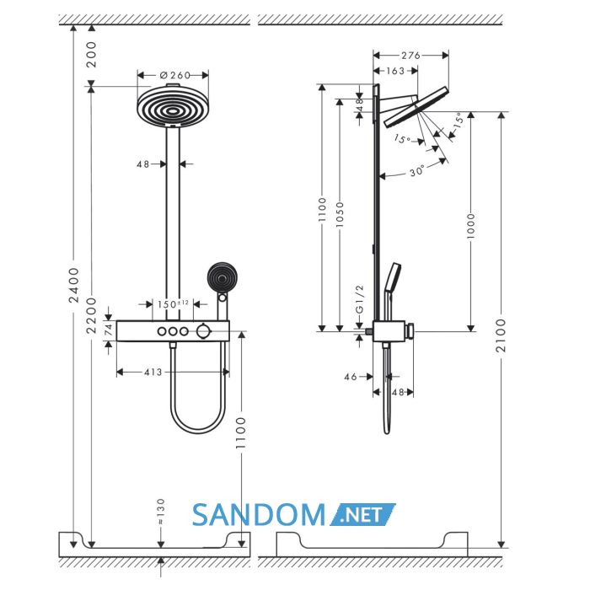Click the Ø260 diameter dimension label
175,75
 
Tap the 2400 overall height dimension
74,285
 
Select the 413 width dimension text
153,373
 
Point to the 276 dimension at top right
410,56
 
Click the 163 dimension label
395,71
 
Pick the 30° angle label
417,172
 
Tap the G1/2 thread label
360,299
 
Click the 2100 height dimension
501,335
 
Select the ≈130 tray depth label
161,512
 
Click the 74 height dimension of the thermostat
109,330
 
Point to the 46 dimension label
351,377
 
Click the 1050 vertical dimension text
340,215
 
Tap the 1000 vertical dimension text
470,226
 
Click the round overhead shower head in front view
173,106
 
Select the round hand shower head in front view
222,278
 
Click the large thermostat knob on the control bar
203,331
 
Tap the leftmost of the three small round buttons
162,331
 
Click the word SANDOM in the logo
259,515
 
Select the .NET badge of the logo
362,514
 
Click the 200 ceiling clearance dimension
91,55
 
